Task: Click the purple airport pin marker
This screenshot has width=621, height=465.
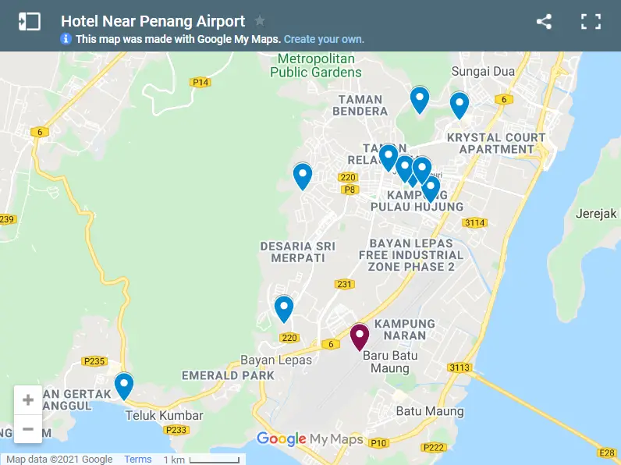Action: click(359, 337)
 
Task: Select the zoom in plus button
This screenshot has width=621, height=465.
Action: click(28, 400)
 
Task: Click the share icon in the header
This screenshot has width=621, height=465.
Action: click(544, 22)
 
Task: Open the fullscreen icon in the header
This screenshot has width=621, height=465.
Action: click(591, 22)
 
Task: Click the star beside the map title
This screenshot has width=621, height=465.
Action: click(260, 21)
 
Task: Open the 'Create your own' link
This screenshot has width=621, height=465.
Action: click(324, 39)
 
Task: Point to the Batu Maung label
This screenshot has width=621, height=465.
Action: click(430, 411)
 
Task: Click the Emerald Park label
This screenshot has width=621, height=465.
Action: click(228, 375)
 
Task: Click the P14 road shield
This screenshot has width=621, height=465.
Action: click(200, 83)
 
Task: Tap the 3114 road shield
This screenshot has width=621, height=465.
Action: click(474, 223)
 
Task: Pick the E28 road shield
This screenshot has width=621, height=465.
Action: click(607, 453)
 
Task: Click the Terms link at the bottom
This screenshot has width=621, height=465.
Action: click(138, 460)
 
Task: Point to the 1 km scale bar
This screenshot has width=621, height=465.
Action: click(215, 460)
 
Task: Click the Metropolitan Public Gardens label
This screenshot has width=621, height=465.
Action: click(316, 66)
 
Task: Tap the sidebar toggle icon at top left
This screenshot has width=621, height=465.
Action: click(29, 22)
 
